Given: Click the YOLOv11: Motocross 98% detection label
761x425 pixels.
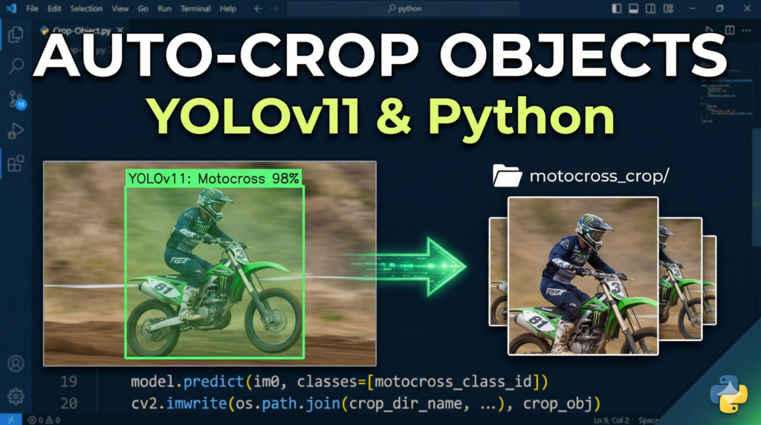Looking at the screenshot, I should point(213,178).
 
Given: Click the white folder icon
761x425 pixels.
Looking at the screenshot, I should point(507,176).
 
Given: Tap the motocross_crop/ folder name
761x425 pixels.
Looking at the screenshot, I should point(599,177).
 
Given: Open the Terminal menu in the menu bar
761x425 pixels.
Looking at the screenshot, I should point(195,9).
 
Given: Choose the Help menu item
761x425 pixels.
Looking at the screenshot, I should point(228,9).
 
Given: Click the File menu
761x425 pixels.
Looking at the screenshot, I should point(32,9).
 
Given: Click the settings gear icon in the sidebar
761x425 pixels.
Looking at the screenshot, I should point(16,395).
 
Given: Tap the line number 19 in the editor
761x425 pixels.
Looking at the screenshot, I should point(68,382).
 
